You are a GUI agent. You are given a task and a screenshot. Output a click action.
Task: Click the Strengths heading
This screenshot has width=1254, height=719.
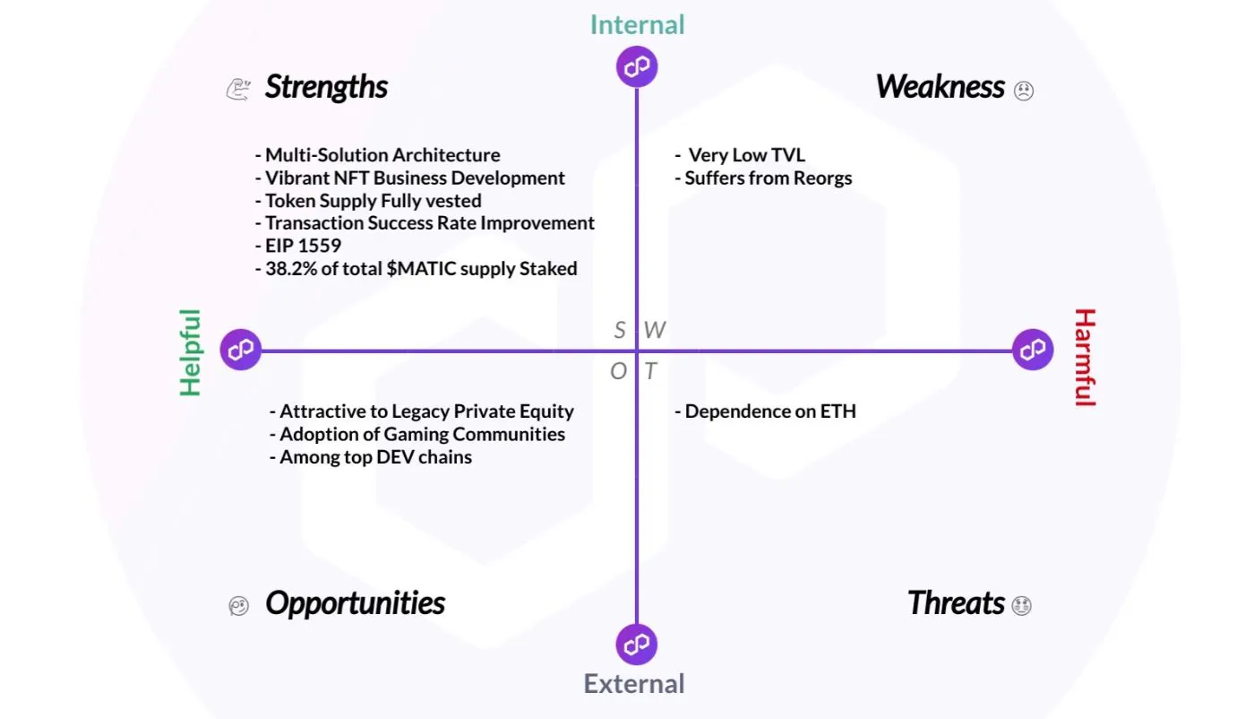(x=326, y=88)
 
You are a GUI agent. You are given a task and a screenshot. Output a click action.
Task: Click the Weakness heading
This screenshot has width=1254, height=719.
(x=940, y=87)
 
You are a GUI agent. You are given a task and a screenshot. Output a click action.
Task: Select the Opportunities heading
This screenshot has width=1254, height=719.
(x=355, y=603)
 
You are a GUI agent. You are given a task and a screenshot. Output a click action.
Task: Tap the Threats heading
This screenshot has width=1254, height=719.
(x=955, y=603)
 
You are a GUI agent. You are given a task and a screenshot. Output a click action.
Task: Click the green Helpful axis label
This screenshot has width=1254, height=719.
(x=190, y=351)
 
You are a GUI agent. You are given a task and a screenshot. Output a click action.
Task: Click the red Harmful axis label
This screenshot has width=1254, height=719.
(x=1085, y=357)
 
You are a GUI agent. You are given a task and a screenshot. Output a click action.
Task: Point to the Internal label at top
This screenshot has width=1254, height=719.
(x=637, y=24)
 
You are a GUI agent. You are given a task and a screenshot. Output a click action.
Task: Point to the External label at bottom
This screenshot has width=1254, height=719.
(x=634, y=684)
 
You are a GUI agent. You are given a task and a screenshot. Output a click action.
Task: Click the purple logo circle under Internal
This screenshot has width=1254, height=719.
(x=637, y=67)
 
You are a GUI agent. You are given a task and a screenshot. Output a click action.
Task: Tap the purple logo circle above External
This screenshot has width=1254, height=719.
(x=637, y=645)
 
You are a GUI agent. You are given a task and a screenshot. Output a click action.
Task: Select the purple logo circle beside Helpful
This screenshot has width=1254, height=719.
(x=241, y=350)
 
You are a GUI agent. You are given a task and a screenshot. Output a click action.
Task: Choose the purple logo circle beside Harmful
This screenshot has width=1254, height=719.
(x=1033, y=350)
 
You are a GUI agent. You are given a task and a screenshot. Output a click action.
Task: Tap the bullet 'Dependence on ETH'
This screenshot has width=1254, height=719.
(x=769, y=411)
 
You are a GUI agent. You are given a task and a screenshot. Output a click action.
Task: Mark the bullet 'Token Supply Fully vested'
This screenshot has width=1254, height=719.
(x=373, y=200)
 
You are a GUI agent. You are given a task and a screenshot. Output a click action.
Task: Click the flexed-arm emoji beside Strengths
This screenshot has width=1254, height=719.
(x=237, y=89)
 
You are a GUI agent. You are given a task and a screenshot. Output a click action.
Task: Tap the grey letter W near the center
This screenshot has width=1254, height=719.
(x=655, y=331)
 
